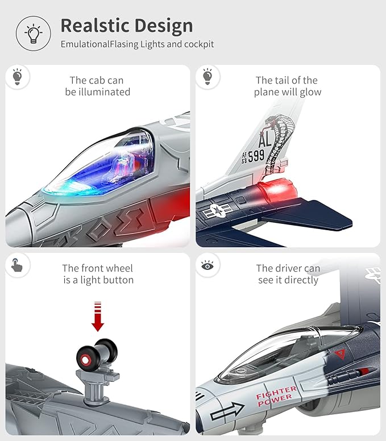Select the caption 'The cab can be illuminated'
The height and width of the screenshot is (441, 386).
click(97, 86)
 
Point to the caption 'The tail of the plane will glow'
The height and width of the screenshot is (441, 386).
click(287, 86)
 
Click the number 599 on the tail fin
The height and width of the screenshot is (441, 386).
click(256, 156)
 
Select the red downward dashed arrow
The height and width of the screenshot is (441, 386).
click(98, 316)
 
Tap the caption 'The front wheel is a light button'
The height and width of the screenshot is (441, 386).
click(97, 274)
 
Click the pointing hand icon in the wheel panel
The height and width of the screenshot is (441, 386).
click(18, 265)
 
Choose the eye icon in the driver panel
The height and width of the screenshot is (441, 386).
click(208, 265)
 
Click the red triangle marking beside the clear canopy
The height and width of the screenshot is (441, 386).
click(341, 353)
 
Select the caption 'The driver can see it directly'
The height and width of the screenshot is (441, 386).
click(288, 274)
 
